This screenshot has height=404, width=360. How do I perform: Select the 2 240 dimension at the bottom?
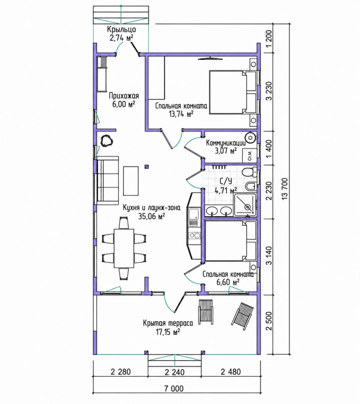(174, 372)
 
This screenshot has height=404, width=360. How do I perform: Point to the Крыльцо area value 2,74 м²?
(121, 38)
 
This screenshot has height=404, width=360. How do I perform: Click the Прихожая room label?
(124, 96)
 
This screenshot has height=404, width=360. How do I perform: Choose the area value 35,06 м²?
(151, 216)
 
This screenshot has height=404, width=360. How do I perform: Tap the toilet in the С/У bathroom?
(249, 172)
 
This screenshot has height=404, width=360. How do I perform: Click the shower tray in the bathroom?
(245, 205)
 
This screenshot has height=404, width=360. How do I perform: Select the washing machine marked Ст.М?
(250, 155)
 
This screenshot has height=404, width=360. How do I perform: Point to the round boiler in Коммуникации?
(250, 137)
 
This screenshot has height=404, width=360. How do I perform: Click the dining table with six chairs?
(124, 248)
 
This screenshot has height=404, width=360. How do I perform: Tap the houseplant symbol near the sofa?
(107, 141)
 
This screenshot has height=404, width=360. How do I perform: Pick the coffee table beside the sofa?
(131, 181)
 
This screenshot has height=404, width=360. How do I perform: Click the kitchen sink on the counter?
(193, 217)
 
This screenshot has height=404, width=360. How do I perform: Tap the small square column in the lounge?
(147, 167)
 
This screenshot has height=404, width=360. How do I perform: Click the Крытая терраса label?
(168, 323)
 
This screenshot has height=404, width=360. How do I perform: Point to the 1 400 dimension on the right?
(269, 148)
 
